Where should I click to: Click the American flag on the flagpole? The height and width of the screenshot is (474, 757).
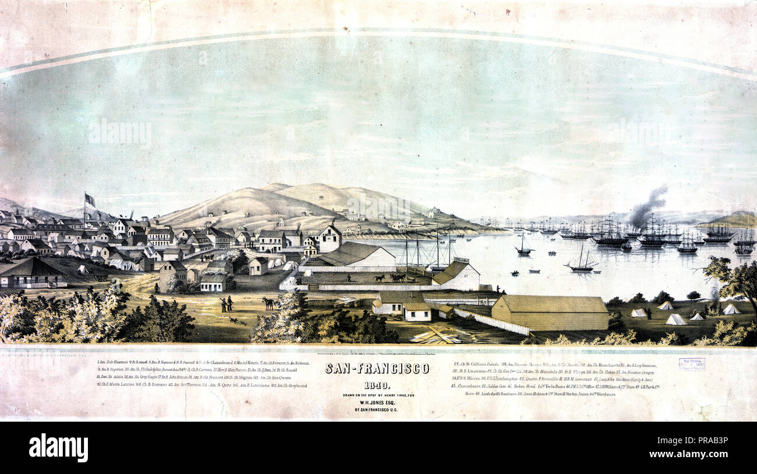coord(90,199)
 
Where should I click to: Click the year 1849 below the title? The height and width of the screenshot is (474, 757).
coord(377,385)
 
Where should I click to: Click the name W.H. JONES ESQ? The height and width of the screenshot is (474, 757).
coord(377,402)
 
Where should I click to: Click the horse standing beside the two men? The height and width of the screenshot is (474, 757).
coord(269,303)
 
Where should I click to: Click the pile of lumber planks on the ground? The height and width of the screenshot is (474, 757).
coord(434,336)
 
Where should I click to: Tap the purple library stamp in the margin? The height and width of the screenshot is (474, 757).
coord(691,364)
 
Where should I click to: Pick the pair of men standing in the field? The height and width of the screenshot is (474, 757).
coord(226,303)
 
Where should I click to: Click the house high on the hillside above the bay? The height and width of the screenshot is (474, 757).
coord(434,212)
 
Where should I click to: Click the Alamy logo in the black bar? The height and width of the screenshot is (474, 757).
coord(58,448)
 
